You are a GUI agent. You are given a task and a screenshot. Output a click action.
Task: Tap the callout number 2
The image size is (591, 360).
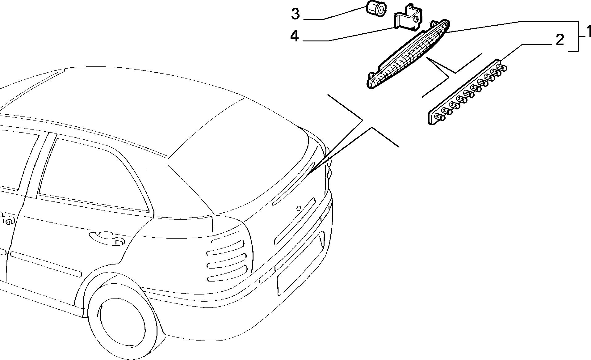click(560, 40)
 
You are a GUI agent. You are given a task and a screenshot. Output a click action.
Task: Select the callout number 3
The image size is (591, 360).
click(295, 14)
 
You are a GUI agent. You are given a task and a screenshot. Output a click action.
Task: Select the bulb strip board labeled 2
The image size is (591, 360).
click(467, 92)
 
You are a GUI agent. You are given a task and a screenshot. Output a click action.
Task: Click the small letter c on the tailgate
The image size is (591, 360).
click(298, 208)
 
